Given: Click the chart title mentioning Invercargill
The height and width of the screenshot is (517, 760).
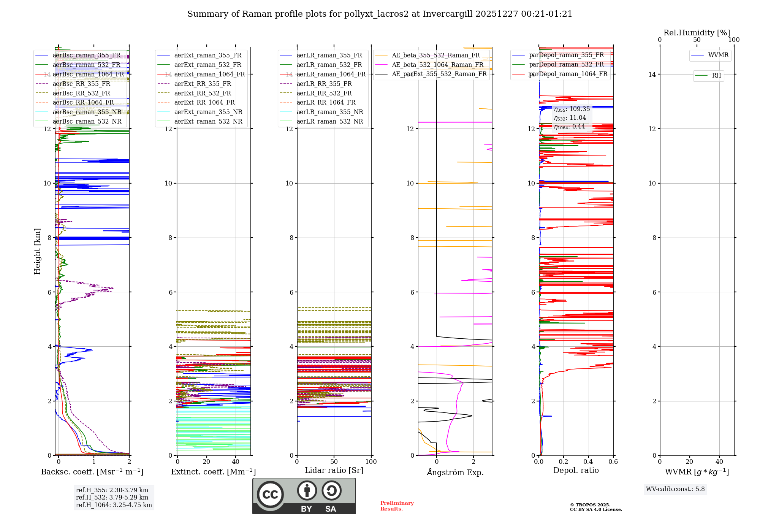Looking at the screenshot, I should [380, 14].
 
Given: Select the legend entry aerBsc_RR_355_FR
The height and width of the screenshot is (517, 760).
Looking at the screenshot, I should [81, 84].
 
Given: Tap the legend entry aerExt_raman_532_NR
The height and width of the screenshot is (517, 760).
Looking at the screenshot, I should [208, 121].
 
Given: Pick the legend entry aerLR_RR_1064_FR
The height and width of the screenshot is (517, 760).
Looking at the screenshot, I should [326, 102].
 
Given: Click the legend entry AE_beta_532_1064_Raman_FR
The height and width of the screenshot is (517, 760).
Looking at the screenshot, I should [437, 65].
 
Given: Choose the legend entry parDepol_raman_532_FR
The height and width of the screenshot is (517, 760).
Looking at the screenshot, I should [566, 64].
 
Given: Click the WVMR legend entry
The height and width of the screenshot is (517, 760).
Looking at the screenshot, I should [718, 55].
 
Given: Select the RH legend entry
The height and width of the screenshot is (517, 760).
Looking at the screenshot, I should [716, 76].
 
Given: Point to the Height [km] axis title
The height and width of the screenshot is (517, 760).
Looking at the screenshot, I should [37, 251].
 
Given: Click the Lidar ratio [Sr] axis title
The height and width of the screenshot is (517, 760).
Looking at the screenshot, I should [334, 471].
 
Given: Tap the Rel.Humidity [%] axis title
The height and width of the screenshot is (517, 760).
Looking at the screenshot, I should [697, 33].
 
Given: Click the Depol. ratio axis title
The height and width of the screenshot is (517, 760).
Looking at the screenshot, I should [576, 471].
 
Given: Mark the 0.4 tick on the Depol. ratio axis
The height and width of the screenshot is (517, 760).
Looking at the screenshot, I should [588, 462].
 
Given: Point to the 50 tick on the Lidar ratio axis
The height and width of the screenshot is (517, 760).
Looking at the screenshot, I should [334, 462].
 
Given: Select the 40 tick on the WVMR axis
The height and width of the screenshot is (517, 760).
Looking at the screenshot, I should [719, 462].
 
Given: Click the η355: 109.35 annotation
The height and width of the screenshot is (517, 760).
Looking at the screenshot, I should [572, 109].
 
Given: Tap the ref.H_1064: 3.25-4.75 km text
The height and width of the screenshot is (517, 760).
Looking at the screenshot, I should [114, 505].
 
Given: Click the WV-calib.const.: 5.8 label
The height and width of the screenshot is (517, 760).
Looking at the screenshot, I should [675, 489].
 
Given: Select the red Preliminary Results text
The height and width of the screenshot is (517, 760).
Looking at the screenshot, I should [397, 506].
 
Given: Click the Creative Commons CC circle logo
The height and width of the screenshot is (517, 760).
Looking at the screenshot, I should [270, 495].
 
